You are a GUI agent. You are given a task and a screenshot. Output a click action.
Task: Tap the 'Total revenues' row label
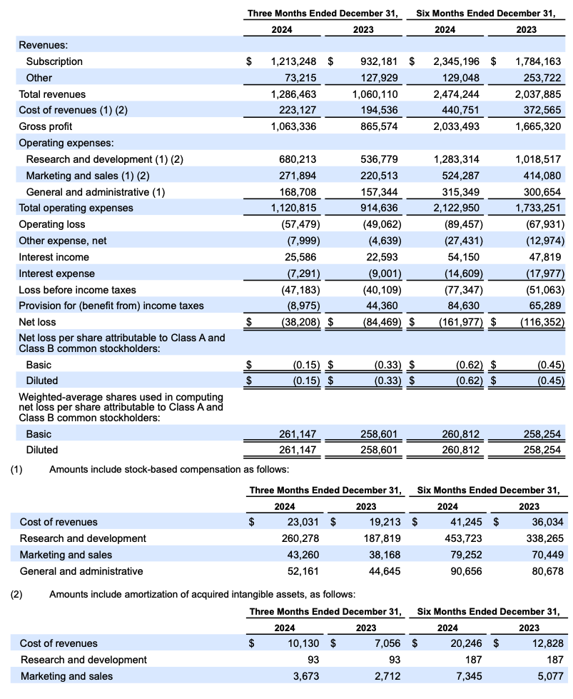point(52,94)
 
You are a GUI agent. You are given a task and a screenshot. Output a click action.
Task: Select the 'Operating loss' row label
point(52,224)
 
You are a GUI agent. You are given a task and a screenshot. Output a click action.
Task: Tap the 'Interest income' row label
point(54,257)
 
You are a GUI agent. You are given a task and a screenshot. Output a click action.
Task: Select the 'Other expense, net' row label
point(63,241)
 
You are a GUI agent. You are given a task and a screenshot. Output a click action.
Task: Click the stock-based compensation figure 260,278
point(300,538)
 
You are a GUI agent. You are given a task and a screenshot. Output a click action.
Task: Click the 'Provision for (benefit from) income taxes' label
point(111,306)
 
